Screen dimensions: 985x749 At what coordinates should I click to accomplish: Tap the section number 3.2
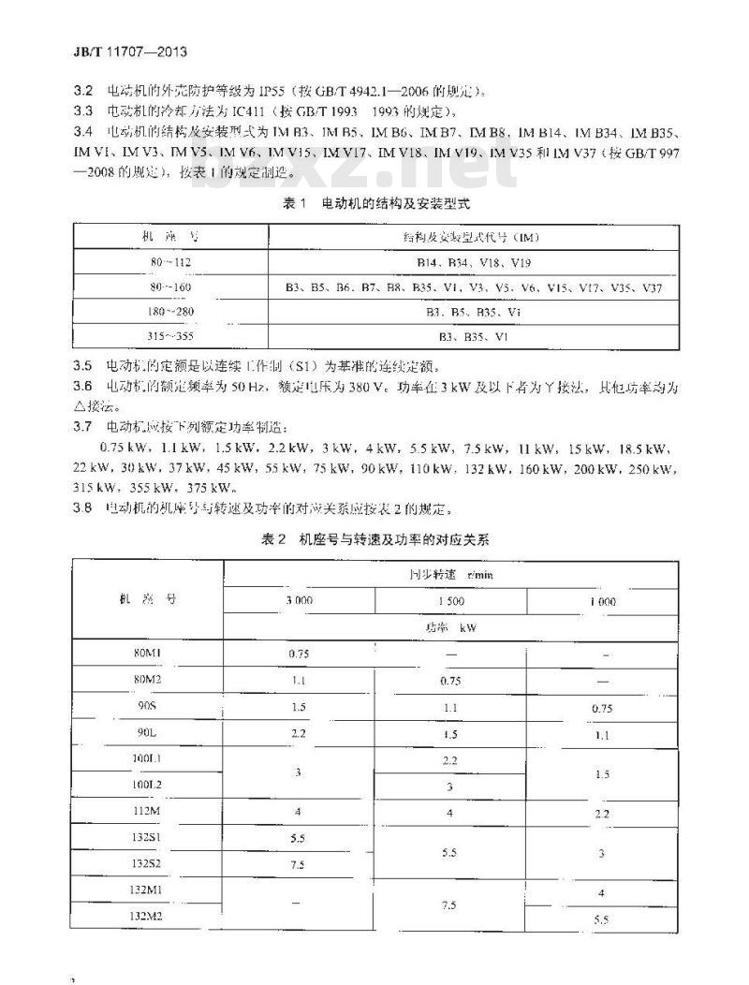[x=82, y=91]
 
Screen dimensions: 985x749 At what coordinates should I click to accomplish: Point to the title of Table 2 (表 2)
[x=374, y=539]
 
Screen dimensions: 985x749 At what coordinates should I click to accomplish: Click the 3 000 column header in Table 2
[x=299, y=601]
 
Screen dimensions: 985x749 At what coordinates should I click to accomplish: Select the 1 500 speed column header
[x=450, y=601]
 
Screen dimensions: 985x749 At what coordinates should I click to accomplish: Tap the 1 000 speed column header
[x=603, y=601]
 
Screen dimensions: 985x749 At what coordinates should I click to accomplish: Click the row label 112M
[x=147, y=811]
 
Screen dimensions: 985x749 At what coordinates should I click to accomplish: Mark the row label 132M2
[x=147, y=917]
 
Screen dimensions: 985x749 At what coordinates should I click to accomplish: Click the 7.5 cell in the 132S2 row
[x=299, y=864]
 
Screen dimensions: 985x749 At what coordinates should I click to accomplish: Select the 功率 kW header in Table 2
[x=450, y=627]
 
